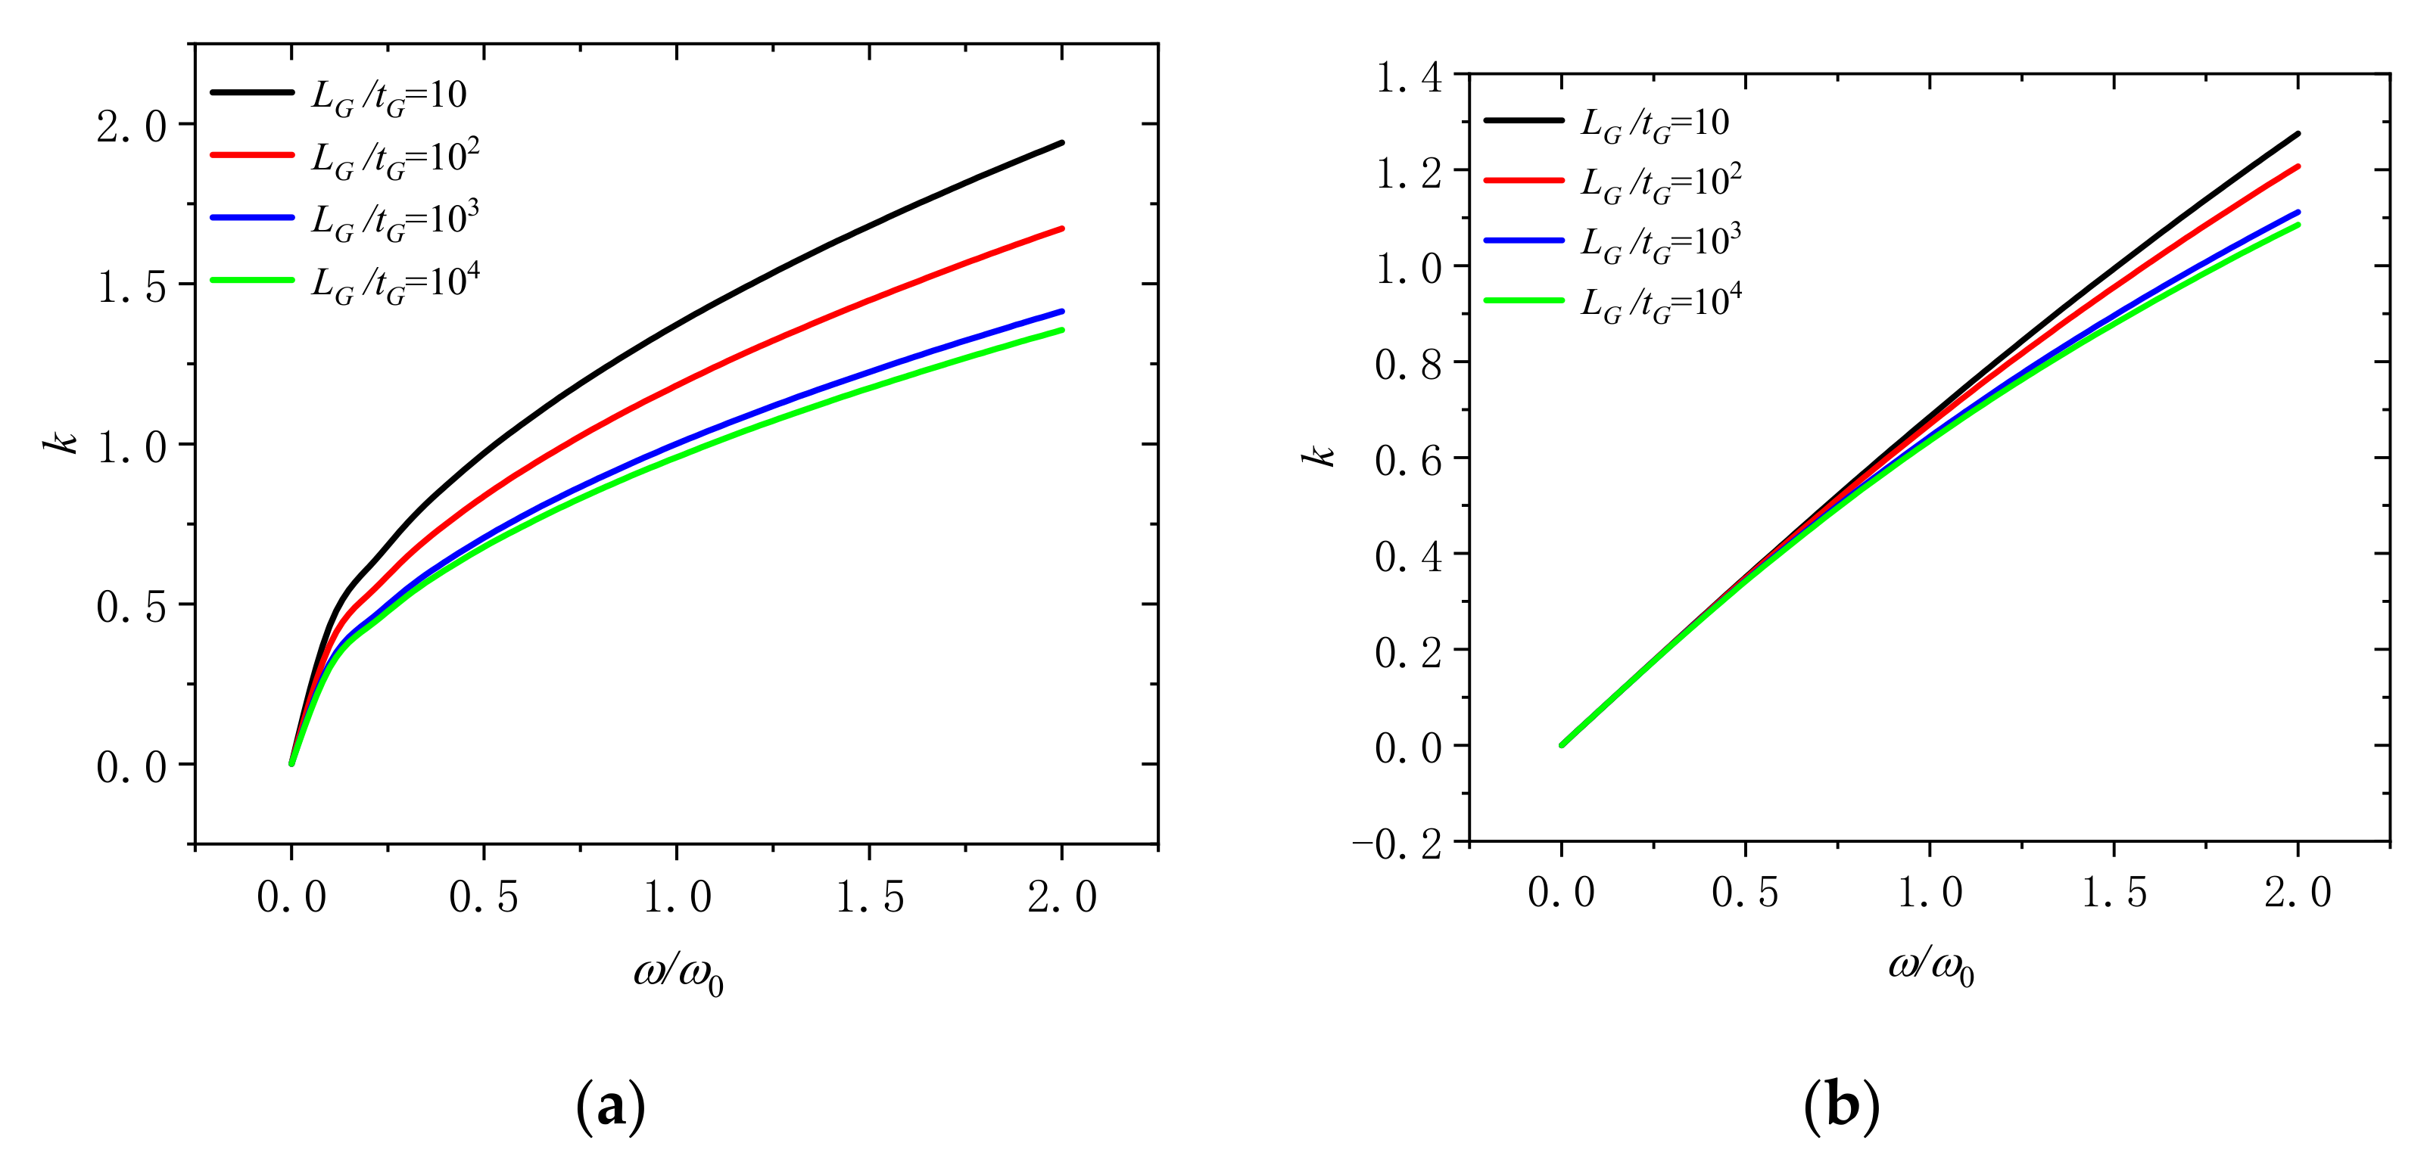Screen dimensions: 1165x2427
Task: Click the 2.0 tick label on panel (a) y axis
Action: tap(132, 126)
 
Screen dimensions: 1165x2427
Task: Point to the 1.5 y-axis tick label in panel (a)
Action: tap(132, 286)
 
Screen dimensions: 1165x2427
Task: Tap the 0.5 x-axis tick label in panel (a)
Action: tap(483, 896)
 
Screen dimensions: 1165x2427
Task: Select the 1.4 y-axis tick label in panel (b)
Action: tap(1409, 77)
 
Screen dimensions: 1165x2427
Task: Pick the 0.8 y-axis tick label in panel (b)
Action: tap(1409, 365)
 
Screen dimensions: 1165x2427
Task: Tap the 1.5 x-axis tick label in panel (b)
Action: tap(2114, 893)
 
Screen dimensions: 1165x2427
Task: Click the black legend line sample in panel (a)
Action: tap(251, 92)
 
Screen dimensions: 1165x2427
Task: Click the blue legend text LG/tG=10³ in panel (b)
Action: tap(1661, 243)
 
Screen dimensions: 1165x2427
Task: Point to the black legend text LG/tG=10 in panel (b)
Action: tap(1654, 123)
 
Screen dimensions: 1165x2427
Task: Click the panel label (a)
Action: tap(610, 1106)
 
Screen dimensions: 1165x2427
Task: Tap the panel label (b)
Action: tap(1841, 1106)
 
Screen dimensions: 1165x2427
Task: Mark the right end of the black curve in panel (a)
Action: tap(1062, 143)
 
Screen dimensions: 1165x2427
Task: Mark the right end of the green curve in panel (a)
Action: tap(1062, 330)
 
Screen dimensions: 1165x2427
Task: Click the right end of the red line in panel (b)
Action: tap(2298, 166)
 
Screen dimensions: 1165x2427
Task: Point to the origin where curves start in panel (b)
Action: tap(1561, 745)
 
